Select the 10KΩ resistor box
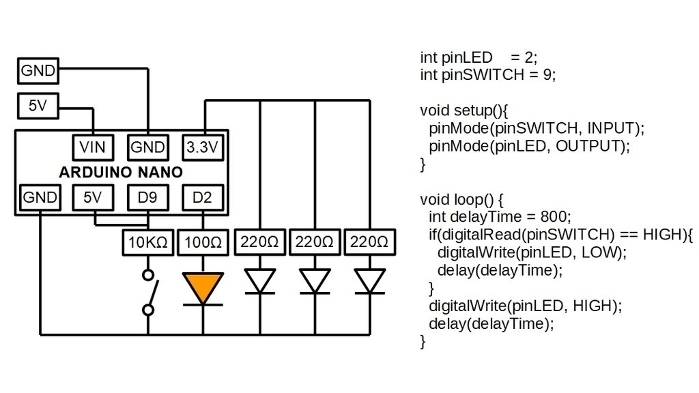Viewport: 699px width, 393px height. [148, 242]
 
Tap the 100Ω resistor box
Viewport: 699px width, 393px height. [203, 242]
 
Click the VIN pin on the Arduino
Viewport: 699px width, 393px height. [93, 147]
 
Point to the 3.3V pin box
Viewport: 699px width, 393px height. [203, 147]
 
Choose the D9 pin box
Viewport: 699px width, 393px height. [147, 198]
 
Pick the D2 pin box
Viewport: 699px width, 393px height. [203, 198]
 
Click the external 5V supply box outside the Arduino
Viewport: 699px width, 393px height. [38, 106]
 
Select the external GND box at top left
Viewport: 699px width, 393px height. [38, 70]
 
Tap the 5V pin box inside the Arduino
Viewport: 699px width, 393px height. [93, 198]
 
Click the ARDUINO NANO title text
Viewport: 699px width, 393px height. [121, 173]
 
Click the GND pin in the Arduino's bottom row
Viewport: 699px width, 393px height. [39, 198]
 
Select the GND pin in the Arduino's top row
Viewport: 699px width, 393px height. [147, 147]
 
